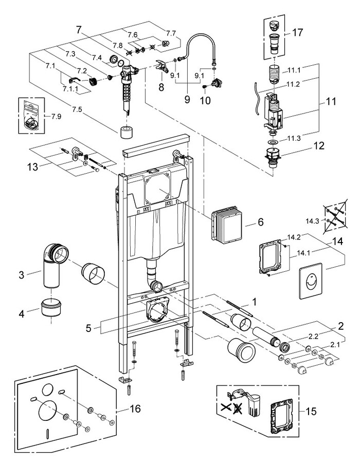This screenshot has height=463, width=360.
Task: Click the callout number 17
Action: pyautogui.click(x=297, y=32)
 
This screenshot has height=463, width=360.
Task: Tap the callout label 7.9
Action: pyautogui.click(x=56, y=116)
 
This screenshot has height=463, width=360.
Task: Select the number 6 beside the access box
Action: pyautogui.click(x=260, y=222)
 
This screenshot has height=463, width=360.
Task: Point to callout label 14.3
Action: pyautogui.click(x=313, y=220)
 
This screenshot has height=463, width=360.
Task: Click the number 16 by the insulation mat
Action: pyautogui.click(x=135, y=409)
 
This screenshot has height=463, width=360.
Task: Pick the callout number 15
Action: pyautogui.click(x=311, y=411)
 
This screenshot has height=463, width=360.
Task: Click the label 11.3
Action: pyautogui.click(x=294, y=138)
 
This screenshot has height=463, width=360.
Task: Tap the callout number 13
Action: pyautogui.click(x=33, y=167)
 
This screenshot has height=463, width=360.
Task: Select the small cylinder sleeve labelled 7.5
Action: pyautogui.click(x=127, y=132)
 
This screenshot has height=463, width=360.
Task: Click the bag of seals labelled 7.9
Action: pyautogui.click(x=30, y=116)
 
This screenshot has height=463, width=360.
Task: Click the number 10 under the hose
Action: pyautogui.click(x=205, y=100)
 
